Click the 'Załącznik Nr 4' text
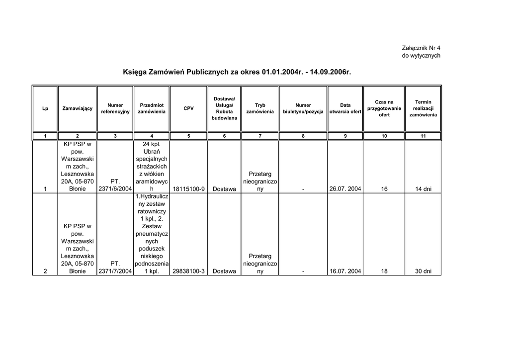[x=421, y=48]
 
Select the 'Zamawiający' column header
[x=77, y=108]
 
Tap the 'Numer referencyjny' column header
[x=115, y=108]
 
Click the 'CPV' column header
[x=188, y=108]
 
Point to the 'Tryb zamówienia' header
[x=260, y=108]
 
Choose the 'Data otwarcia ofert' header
[x=345, y=108]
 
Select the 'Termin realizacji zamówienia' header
[x=423, y=108]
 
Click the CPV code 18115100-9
[x=188, y=189]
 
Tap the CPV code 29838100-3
[x=188, y=271]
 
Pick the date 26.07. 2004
[x=345, y=189]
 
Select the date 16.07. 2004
[x=345, y=271]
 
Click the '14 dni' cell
[x=423, y=189]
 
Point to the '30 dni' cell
[x=423, y=271]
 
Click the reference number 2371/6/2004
[x=115, y=189]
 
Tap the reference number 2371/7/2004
[x=115, y=271]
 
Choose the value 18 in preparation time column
[x=384, y=271]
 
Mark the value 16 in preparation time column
[x=384, y=189]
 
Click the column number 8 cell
[x=303, y=136]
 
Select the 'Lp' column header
[x=45, y=108]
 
